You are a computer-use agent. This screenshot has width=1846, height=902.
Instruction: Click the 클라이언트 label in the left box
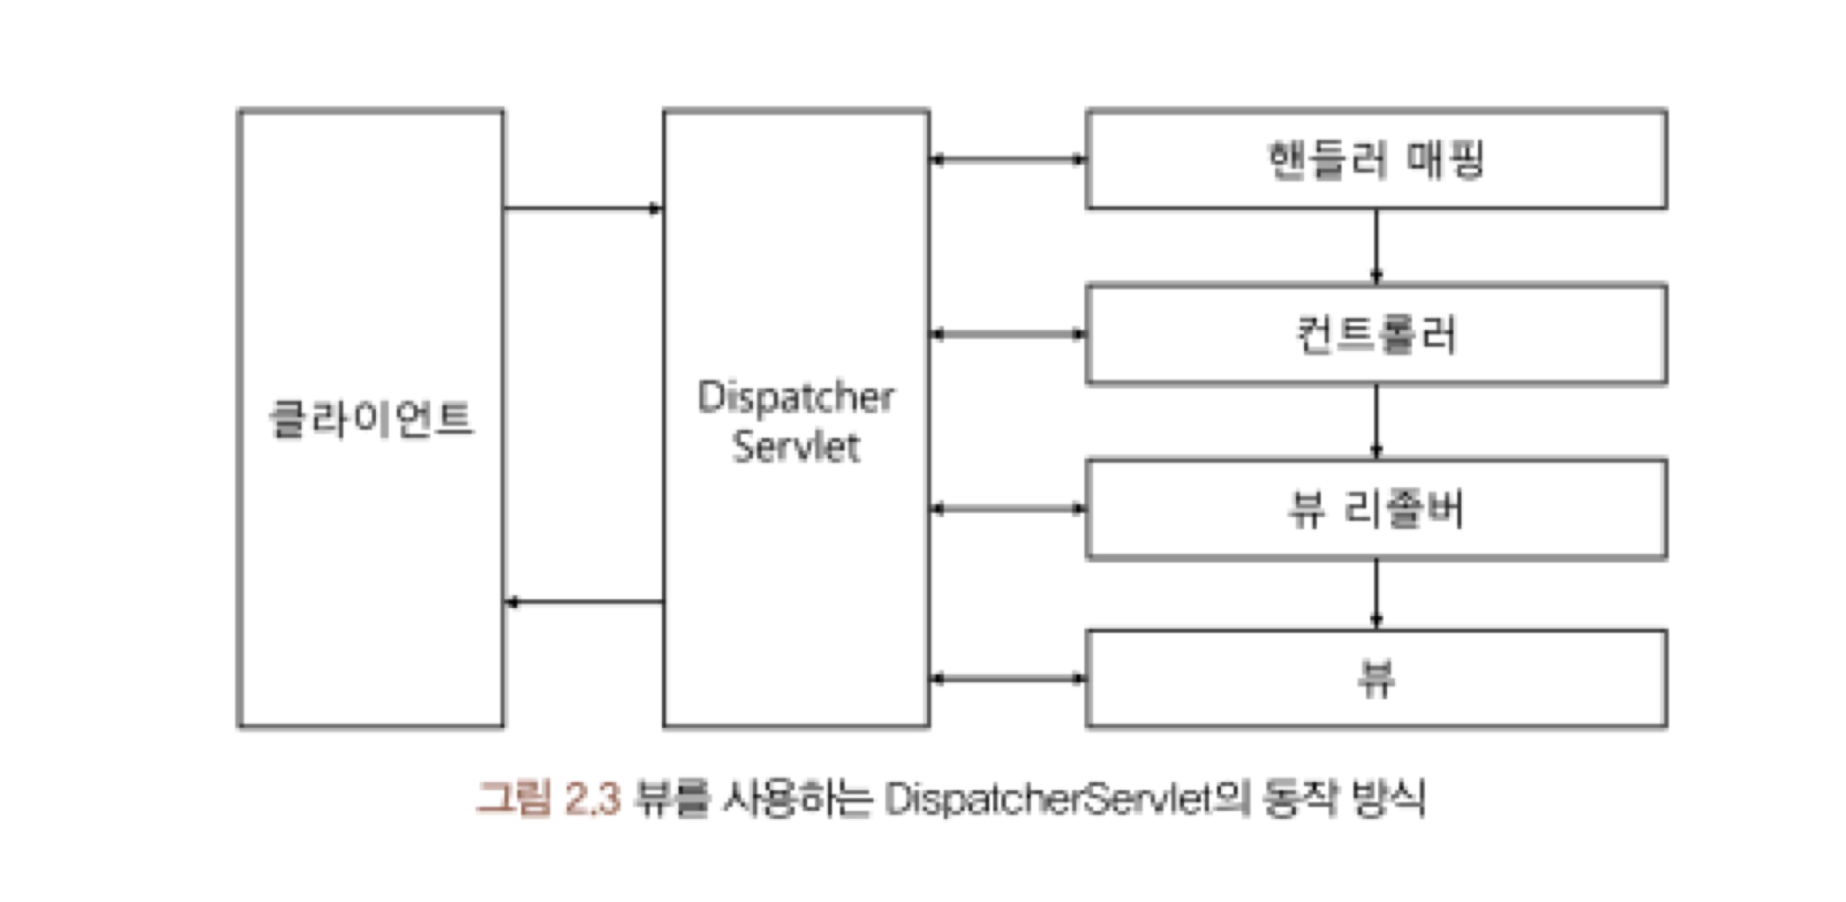[x=371, y=419]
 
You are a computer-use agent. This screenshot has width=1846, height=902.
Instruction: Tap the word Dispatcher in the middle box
[x=795, y=398]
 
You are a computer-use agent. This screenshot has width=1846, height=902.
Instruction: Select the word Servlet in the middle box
[x=795, y=446]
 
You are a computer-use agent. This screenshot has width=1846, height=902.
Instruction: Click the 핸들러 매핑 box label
[x=1375, y=161]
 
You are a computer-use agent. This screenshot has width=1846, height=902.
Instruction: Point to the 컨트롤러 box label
[x=1375, y=335]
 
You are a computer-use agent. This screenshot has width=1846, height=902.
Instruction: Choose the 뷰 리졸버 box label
[x=1375, y=510]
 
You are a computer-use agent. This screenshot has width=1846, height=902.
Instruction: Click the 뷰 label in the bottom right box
[x=1376, y=678]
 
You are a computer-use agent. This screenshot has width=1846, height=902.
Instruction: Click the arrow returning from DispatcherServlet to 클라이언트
[x=583, y=602]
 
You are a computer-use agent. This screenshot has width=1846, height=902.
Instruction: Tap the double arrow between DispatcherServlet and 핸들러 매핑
[x=1007, y=161]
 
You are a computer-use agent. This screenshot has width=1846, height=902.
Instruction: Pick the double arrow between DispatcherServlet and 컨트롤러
[x=1007, y=335]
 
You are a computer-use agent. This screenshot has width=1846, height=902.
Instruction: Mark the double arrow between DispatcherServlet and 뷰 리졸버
[x=1007, y=510]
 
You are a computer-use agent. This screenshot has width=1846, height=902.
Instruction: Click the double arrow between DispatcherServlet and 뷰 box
[x=1007, y=678]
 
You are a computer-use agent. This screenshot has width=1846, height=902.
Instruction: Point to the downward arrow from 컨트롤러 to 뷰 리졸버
[x=1376, y=422]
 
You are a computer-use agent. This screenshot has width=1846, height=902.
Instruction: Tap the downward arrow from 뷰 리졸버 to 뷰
[x=1376, y=594]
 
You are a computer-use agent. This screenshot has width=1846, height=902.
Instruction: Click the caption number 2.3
[x=592, y=799]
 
